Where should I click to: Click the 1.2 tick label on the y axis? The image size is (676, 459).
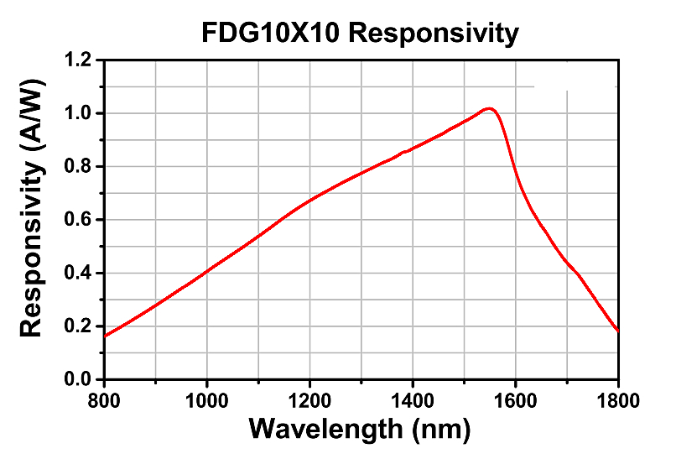80,60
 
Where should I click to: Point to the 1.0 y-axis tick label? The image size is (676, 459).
80,113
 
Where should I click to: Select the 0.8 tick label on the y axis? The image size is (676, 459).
80,167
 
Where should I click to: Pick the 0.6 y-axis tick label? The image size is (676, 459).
80,220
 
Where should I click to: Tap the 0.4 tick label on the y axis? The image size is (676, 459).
80,274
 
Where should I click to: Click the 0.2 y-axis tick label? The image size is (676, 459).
80,326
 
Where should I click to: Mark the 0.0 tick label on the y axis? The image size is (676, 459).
80,380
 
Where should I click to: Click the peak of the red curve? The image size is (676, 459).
489,108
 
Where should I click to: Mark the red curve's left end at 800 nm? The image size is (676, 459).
105,336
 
